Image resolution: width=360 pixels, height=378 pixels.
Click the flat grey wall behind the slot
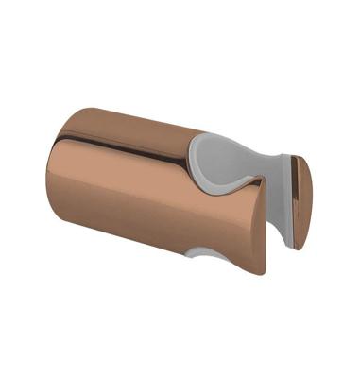click(x=269, y=189)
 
